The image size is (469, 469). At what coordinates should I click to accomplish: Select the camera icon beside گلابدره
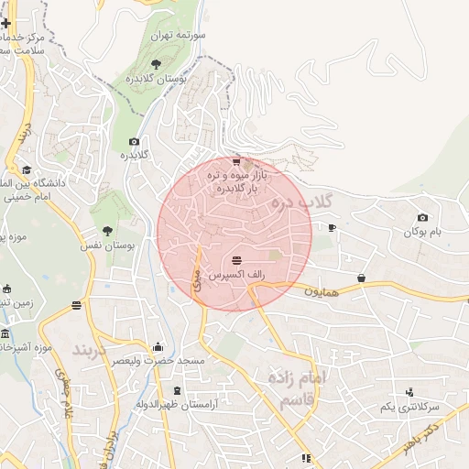(135, 141)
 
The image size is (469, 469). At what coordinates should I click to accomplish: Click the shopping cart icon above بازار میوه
(237, 160)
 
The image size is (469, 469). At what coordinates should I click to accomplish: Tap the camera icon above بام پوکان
(422, 217)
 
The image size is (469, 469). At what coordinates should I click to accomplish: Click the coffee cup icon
(332, 227)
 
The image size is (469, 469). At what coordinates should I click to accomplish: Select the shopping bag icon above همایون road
(362, 278)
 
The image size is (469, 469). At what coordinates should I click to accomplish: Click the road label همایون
(321, 290)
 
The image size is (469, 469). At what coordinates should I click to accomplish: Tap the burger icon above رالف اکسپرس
(237, 260)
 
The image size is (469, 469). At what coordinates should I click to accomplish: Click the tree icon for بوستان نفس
(108, 231)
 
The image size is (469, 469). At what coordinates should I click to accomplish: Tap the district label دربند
(93, 350)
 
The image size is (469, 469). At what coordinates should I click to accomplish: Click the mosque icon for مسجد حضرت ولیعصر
(158, 346)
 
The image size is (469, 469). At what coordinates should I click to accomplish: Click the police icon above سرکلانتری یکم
(409, 391)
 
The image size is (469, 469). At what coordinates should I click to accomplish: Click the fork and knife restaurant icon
(306, 458)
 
